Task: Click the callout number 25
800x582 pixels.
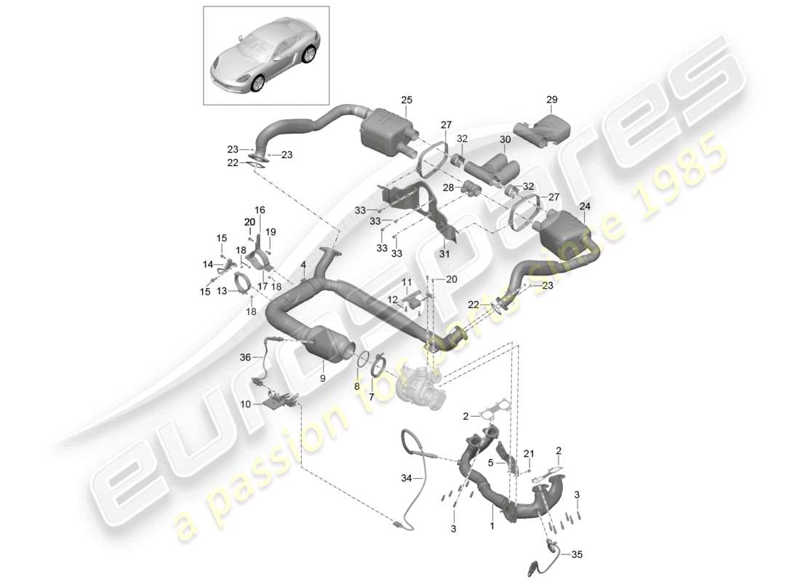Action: click(406, 99)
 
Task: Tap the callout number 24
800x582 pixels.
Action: click(585, 206)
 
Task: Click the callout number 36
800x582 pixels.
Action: click(244, 357)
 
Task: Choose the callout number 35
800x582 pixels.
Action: click(577, 554)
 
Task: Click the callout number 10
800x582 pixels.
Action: click(247, 403)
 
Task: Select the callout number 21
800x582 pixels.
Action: click(529, 453)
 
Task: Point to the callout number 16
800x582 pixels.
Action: click(260, 209)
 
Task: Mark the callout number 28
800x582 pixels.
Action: click(449, 188)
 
